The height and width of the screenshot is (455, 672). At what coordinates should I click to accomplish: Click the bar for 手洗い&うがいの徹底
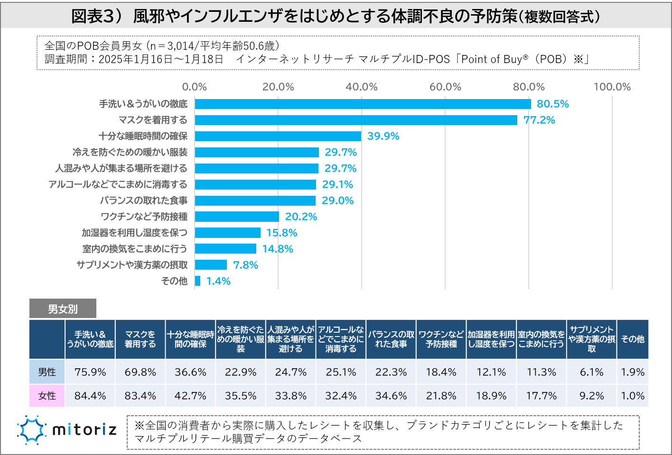tap(363, 104)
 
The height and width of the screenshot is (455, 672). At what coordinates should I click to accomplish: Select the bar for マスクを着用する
tap(356, 120)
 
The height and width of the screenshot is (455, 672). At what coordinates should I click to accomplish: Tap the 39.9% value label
tap(383, 136)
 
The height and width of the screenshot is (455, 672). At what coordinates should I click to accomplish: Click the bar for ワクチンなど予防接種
tap(237, 217)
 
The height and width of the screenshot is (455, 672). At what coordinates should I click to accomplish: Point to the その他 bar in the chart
tap(198, 281)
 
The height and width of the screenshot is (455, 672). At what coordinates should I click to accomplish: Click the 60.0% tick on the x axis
tap(445, 87)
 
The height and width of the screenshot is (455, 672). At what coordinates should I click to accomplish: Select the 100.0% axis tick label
tap(612, 87)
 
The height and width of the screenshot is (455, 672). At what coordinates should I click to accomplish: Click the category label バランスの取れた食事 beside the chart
tap(143, 200)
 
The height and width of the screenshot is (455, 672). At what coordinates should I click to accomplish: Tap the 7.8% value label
tap(246, 265)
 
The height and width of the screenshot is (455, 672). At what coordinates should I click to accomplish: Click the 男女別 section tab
tap(63, 309)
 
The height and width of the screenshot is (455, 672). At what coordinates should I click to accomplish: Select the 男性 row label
tap(47, 372)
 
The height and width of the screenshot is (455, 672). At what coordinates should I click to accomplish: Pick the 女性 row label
tap(47, 396)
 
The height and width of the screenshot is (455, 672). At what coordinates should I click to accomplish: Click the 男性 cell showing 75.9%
tap(90, 372)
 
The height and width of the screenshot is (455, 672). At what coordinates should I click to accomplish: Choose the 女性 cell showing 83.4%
tap(140, 396)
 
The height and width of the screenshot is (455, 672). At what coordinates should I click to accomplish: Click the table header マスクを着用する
tap(140, 339)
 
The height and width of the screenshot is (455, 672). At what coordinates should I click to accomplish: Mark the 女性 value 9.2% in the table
tap(591, 396)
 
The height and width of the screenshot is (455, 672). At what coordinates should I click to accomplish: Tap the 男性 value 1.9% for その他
tap(633, 372)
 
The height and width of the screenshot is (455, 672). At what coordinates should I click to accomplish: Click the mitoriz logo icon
tap(32, 430)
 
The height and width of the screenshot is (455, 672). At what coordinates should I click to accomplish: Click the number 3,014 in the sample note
tap(180, 46)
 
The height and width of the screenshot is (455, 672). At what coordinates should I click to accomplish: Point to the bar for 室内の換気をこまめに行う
tap(225, 249)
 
